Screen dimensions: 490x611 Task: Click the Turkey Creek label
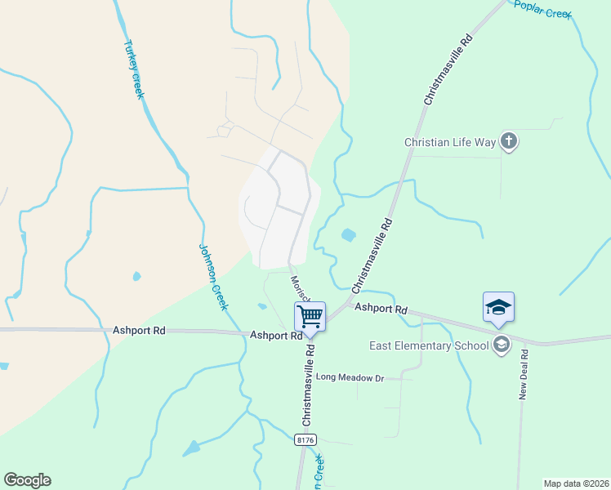(x=133, y=69)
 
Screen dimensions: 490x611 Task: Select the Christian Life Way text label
(x=450, y=142)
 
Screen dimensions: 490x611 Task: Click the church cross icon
(x=508, y=142)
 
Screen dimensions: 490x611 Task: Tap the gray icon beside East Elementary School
(x=502, y=345)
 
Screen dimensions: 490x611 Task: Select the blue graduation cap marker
(x=498, y=308)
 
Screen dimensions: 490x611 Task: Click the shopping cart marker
(x=310, y=315)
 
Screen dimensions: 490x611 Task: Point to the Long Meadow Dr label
(x=350, y=377)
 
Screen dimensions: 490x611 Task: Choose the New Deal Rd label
(x=524, y=376)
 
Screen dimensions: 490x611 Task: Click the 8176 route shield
(x=305, y=439)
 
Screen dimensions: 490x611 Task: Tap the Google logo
(x=27, y=480)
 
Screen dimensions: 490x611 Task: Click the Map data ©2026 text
(x=576, y=483)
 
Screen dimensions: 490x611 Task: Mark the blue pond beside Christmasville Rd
(x=349, y=235)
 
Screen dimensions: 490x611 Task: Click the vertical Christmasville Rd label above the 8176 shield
(x=309, y=385)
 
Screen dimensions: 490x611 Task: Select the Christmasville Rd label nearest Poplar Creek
(x=448, y=69)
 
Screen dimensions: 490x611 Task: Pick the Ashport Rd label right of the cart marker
(x=380, y=310)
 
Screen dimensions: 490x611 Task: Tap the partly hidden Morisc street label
(x=298, y=288)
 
